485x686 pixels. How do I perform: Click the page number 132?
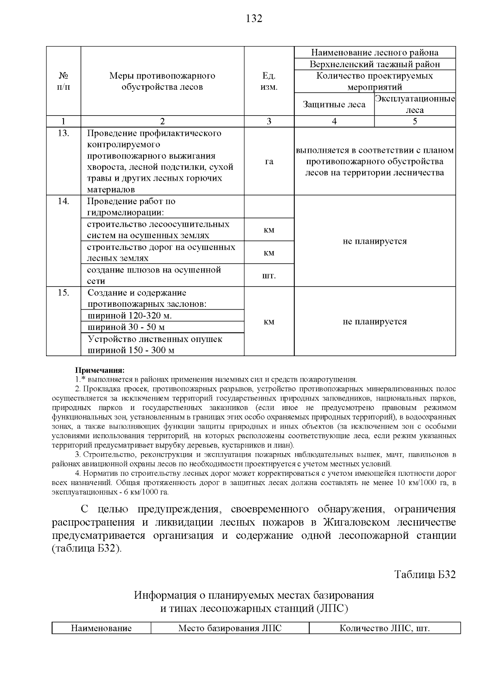(x=254, y=19)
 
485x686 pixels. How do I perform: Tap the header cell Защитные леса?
(x=334, y=104)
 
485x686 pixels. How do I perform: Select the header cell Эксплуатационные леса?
(x=415, y=104)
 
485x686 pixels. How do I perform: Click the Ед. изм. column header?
(x=269, y=81)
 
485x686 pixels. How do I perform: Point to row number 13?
(x=63, y=133)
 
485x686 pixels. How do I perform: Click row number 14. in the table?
(x=63, y=201)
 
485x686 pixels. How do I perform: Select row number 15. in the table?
(x=63, y=293)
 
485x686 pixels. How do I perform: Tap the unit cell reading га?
(x=269, y=161)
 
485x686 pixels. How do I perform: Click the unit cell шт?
(x=269, y=276)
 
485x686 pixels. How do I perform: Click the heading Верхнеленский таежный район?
(x=375, y=64)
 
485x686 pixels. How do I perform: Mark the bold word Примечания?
(x=100, y=370)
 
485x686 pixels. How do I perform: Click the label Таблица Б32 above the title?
(x=425, y=574)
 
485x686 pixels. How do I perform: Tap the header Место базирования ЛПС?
(x=230, y=628)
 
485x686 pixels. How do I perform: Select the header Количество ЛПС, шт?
(x=384, y=628)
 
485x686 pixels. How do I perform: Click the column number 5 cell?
(x=415, y=121)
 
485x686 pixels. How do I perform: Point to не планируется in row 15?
(x=375, y=322)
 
